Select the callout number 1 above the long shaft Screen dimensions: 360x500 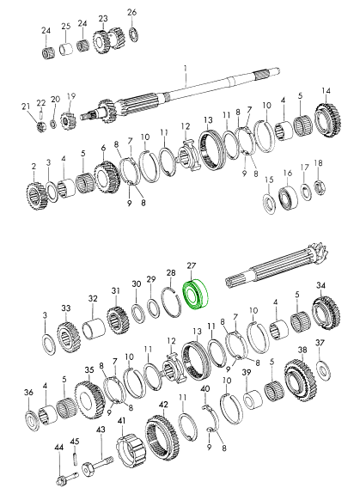point(185,69)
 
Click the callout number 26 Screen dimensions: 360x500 point(131,12)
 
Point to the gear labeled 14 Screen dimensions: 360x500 point(329,121)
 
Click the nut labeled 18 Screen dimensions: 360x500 point(320,188)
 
